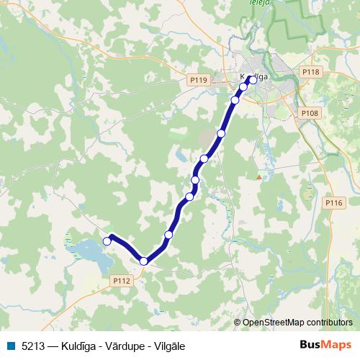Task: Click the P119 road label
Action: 200,80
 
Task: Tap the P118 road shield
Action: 310,72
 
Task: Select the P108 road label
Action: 309,113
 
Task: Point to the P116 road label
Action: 333,204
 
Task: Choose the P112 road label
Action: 121,281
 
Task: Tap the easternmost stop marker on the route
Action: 253,80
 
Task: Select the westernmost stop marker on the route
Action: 107,241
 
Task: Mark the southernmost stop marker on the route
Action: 144,261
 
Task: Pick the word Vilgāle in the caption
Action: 165,346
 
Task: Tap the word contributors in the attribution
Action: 329,323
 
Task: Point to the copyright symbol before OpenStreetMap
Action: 238,323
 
